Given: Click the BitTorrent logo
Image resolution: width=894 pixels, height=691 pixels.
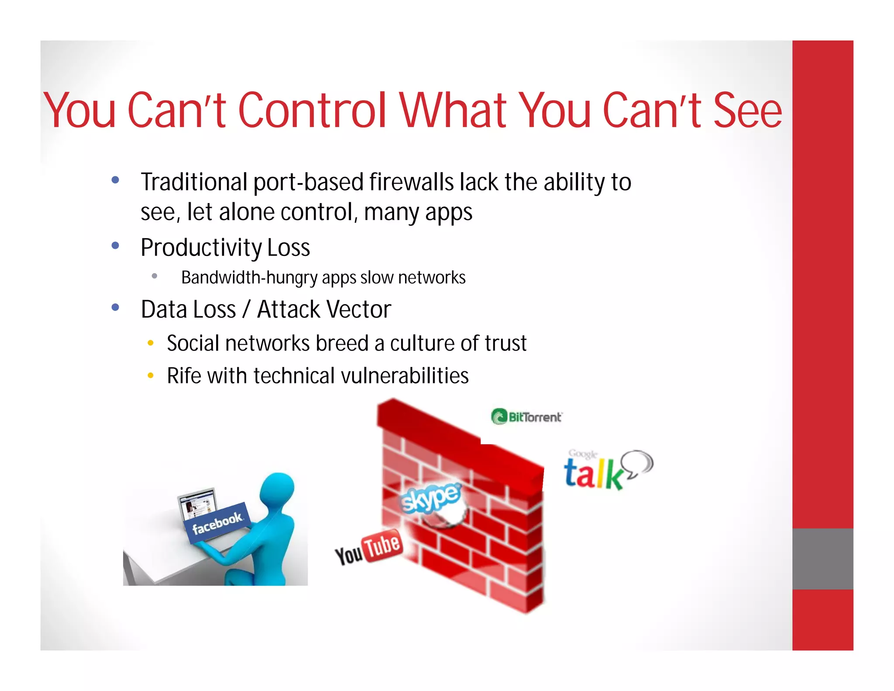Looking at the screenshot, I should pos(527,417).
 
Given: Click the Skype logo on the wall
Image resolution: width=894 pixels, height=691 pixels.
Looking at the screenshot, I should pos(430,498).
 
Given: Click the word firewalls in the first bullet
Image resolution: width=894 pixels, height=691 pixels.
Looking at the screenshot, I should pos(411,182).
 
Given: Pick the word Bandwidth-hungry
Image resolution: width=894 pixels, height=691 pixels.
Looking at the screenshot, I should pos(249,278).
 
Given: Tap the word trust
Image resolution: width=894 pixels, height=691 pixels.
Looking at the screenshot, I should pos(505,343).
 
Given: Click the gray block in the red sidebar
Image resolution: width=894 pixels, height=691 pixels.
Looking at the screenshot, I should pos(822,559).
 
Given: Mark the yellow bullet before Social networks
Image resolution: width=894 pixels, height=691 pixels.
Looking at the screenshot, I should pos(151,343).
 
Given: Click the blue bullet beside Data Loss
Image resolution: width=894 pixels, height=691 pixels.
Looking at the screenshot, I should pos(115,307).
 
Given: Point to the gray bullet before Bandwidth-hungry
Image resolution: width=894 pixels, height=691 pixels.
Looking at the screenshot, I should pos(154,276).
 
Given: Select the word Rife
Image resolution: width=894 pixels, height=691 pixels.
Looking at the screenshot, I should pos(183,376).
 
